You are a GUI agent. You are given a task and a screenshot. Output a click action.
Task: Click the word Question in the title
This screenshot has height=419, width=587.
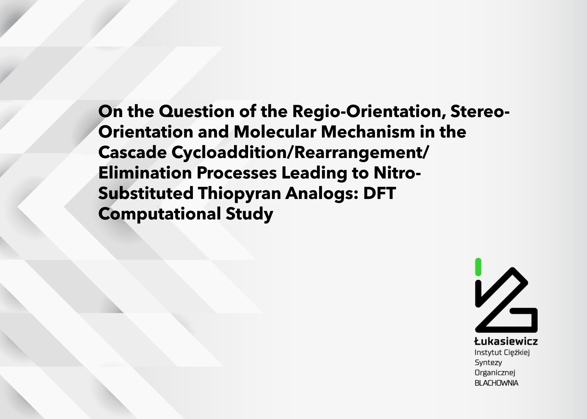point(197,112)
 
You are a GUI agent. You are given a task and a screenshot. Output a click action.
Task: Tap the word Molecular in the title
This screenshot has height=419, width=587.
point(275,132)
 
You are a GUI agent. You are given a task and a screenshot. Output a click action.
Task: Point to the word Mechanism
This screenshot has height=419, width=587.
point(368,132)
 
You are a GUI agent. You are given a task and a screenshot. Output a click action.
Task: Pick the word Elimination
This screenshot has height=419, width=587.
point(145,173)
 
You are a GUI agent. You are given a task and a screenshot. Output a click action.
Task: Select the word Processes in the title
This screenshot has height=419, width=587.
point(237,173)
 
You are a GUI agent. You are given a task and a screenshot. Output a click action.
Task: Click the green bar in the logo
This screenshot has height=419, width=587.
point(478,267)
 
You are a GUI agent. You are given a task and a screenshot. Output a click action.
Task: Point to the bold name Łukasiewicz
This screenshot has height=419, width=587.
point(506,341)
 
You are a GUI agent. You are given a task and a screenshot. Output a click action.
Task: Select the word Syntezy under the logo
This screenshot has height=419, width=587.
point(488,363)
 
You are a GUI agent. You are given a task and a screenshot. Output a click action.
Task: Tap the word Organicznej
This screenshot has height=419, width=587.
point(495,373)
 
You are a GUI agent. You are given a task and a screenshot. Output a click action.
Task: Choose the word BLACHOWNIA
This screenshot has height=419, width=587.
point(496,383)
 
